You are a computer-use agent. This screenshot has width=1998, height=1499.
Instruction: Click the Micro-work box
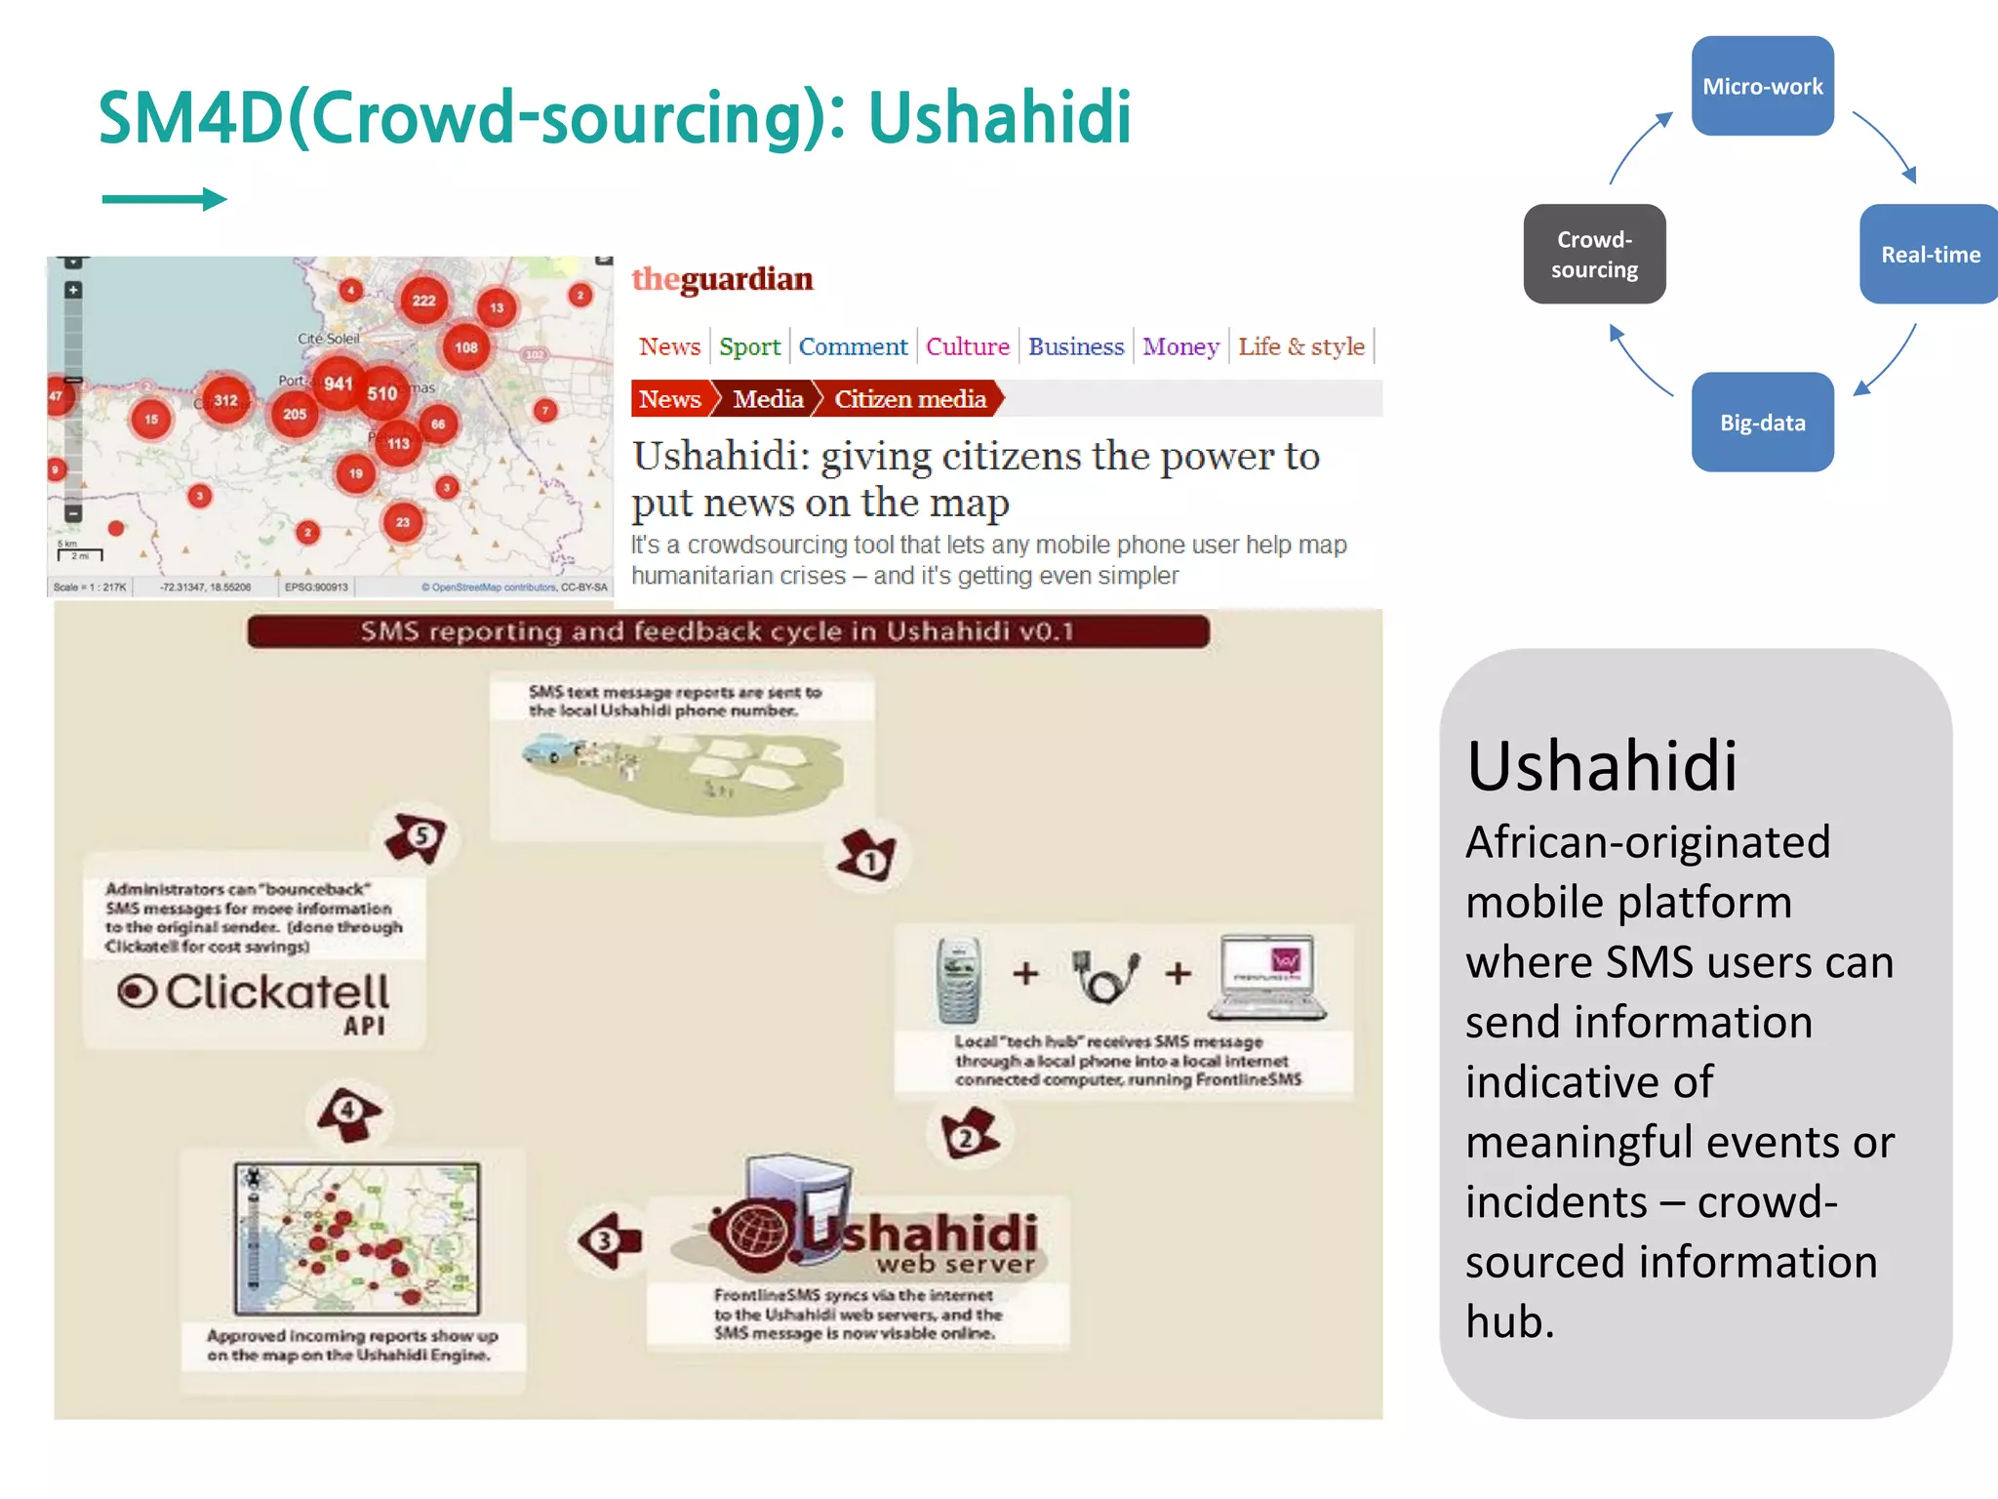click(x=1762, y=86)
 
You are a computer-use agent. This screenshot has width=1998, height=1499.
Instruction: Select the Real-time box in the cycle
click(x=1929, y=254)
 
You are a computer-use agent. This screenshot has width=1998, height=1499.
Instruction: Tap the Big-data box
click(x=1762, y=422)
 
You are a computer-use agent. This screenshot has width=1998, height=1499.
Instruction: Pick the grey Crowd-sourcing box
click(x=1594, y=254)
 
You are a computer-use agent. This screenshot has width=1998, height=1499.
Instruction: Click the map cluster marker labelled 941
click(x=339, y=384)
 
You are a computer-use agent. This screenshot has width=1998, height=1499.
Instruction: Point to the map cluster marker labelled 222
click(x=423, y=300)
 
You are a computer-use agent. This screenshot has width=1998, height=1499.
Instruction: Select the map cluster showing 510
click(x=382, y=393)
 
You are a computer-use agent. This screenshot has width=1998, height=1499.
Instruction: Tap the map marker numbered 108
click(x=466, y=346)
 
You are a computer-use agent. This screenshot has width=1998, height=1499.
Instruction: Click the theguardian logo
click(x=722, y=279)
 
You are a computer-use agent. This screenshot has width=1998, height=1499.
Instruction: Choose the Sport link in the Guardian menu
click(x=749, y=346)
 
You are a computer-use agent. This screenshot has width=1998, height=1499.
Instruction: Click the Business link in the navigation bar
click(x=1075, y=346)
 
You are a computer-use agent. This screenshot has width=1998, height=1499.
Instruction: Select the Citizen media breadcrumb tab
click(x=909, y=399)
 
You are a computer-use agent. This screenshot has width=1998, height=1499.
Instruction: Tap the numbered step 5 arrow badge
click(x=418, y=836)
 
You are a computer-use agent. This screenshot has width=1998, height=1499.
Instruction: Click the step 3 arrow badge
click(x=609, y=1240)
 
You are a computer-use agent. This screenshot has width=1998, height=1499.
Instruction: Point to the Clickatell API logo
click(x=256, y=1000)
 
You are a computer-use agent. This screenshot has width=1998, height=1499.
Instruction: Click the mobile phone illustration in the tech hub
click(x=959, y=978)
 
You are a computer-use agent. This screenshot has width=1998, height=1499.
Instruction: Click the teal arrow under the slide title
click(x=164, y=199)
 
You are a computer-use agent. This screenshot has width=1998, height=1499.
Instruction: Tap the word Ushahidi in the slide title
click(x=999, y=117)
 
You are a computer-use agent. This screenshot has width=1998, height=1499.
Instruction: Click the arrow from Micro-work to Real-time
click(x=1885, y=145)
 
